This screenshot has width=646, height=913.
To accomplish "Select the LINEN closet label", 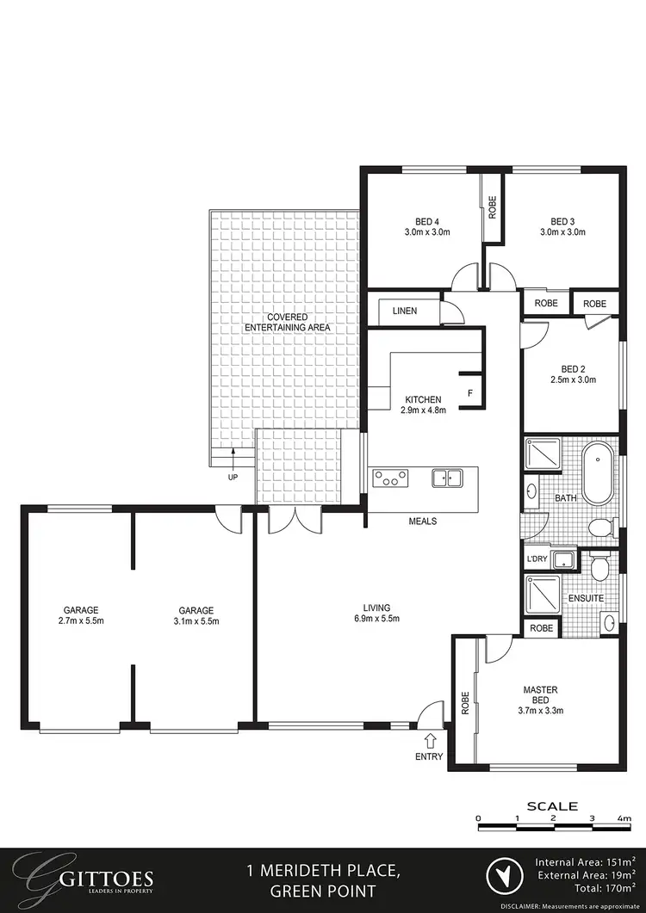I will [405, 311].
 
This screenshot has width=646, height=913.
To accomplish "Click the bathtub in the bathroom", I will [597, 474].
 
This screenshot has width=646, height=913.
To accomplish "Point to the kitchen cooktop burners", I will [390, 478].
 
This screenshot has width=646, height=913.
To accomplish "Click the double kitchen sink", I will [448, 478].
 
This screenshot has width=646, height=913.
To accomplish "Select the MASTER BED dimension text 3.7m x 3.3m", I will [540, 711].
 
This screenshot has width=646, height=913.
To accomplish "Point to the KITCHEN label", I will [423, 400].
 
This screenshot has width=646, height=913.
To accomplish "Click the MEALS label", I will [423, 521].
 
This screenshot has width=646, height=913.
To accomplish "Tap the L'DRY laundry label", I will [537, 559].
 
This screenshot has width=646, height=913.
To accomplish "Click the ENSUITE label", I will [585, 597].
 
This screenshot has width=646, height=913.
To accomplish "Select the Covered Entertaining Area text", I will [287, 323].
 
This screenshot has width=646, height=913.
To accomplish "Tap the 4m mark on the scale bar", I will [624, 817].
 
